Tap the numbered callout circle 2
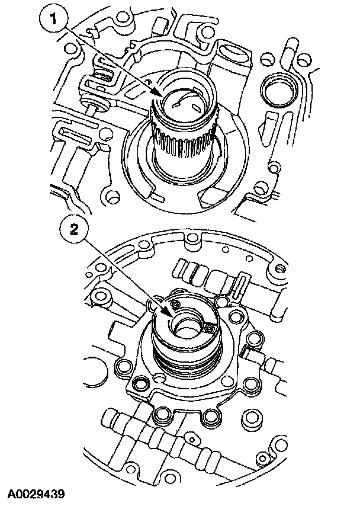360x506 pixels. [74, 230]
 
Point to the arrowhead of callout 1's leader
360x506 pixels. [157, 93]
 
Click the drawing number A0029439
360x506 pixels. [36, 494]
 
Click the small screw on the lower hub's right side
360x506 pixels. [210, 329]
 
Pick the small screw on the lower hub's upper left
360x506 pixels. [175, 303]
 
